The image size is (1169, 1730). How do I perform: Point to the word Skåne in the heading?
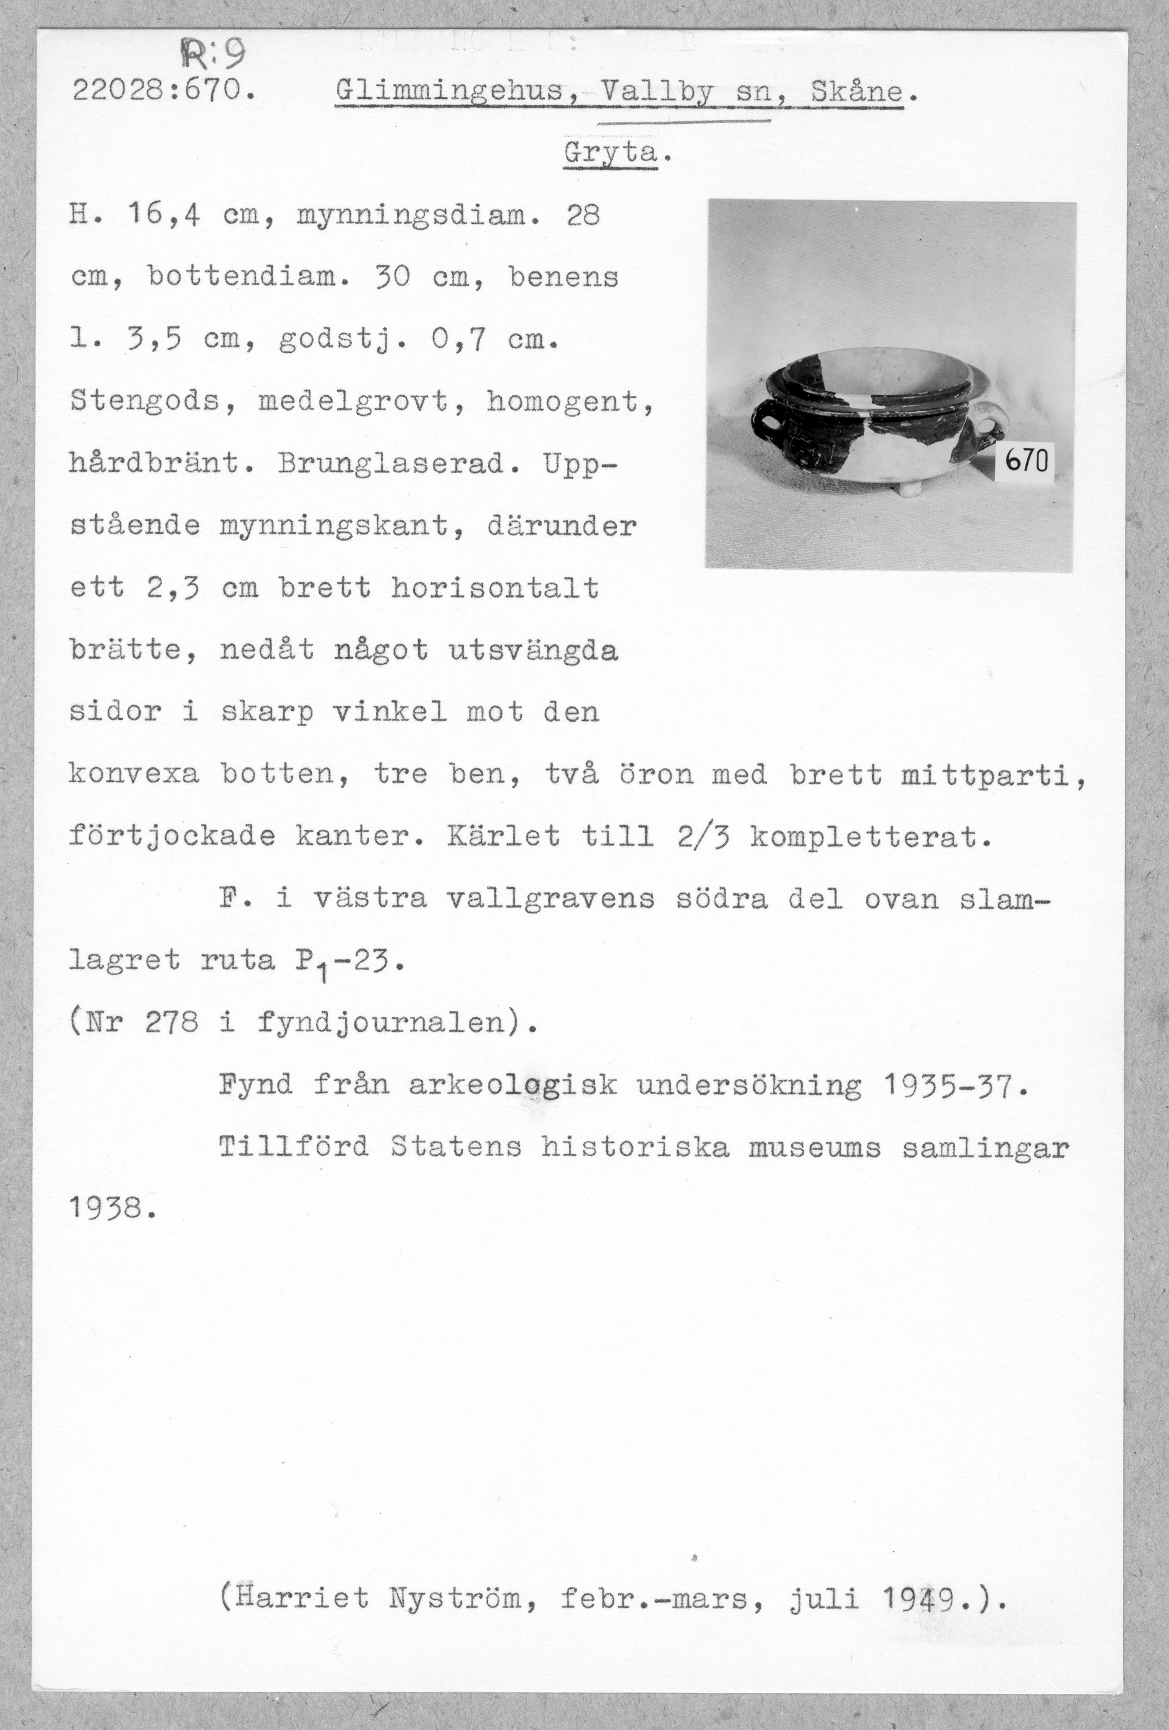coord(856,92)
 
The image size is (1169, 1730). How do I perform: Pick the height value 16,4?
coord(166,216)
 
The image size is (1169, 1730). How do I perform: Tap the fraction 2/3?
coord(703,837)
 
